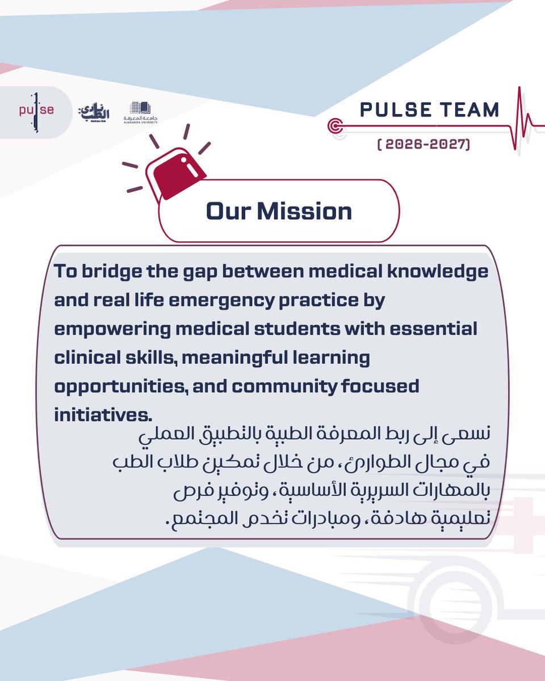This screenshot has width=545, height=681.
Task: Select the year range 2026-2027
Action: point(424,145)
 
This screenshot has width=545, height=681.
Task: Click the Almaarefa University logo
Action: point(137,112)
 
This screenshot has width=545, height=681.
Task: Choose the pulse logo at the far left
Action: point(36,111)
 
